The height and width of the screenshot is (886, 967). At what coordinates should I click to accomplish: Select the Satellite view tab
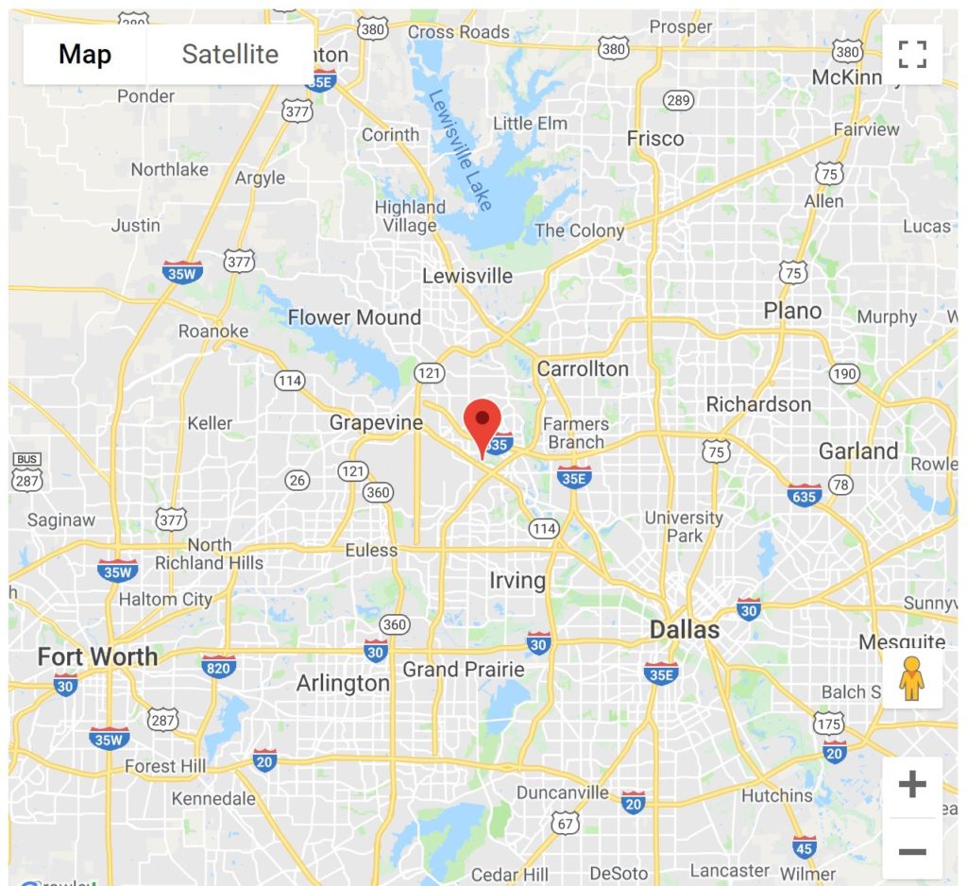tap(229, 54)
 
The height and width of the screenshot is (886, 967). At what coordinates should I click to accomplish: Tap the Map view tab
tap(85, 54)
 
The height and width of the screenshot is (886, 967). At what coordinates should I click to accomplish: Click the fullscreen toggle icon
tap(912, 54)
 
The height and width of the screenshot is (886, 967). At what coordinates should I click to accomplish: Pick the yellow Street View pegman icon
tap(911, 678)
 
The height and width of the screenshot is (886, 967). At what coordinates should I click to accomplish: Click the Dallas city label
tap(685, 630)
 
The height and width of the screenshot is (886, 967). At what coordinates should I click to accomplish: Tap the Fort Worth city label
tap(97, 656)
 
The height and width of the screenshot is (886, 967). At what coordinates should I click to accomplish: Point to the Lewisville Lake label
tap(460, 150)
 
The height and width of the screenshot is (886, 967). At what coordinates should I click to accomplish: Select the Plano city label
tap(792, 311)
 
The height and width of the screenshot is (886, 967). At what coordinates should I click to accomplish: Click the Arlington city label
tap(343, 683)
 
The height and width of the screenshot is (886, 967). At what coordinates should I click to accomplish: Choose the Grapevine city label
tap(376, 423)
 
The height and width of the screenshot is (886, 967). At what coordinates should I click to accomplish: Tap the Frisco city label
tap(655, 139)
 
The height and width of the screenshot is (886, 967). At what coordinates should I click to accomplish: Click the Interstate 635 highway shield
tap(804, 495)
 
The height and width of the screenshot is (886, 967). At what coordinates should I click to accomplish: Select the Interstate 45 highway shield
tap(805, 845)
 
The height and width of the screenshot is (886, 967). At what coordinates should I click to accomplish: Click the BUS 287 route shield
tap(27, 473)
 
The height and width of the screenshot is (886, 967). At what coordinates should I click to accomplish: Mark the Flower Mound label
tap(354, 317)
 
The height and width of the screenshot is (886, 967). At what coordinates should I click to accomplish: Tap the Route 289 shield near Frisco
tap(678, 100)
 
